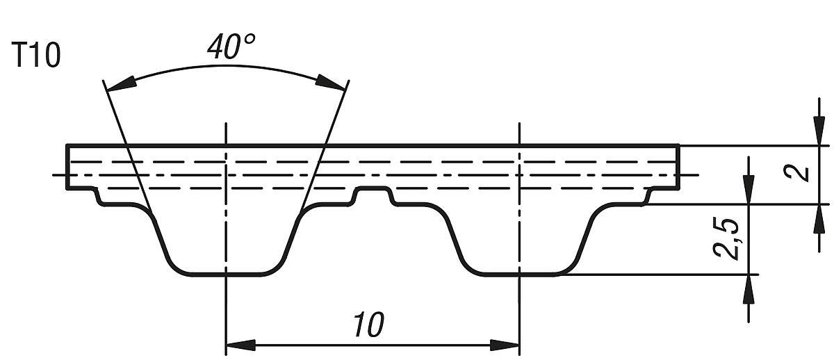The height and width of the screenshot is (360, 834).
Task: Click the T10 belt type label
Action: pos(36,56)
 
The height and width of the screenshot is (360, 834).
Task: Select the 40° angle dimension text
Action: pos(231,47)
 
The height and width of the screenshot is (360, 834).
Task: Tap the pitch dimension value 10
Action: pos(368,325)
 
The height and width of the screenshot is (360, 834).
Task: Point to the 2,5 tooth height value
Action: pos(727,239)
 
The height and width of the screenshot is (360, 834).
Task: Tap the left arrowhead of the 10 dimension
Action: pos(240,345)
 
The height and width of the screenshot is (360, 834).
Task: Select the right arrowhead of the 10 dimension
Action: pos(505,345)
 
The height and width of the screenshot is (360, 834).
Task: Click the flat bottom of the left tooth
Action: pos(227,274)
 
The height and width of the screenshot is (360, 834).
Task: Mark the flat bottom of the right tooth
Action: pos(520,274)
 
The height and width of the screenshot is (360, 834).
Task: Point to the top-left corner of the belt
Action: pos(67,145)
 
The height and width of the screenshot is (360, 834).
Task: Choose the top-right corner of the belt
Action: pos(679,145)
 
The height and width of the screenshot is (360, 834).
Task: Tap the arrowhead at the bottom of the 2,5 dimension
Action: pos(748,289)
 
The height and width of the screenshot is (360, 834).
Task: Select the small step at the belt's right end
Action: pos(649,196)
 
